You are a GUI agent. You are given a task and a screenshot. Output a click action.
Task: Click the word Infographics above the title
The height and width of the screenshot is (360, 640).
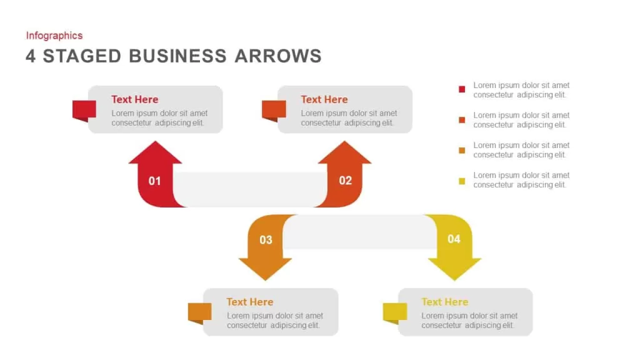(x=54, y=36)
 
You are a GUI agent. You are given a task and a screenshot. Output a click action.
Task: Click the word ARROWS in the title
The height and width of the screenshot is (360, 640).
(x=278, y=56)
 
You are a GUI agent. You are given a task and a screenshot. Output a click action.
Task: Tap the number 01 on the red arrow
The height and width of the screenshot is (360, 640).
(x=155, y=181)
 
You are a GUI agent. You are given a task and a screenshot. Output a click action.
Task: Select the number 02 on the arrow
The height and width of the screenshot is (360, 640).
(x=345, y=181)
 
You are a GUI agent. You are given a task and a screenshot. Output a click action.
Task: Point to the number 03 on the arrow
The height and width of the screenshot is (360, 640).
(x=266, y=240)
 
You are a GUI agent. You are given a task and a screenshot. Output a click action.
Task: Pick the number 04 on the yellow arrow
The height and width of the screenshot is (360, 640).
(x=454, y=239)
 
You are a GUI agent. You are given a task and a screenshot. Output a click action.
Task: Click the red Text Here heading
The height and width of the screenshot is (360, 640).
(x=135, y=99)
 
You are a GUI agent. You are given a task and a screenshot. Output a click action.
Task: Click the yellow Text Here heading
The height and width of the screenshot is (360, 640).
(x=444, y=302)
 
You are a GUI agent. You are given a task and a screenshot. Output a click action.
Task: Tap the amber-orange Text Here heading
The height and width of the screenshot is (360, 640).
(x=250, y=302)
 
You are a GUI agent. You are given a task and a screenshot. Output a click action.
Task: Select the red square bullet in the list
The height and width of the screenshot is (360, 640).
(x=462, y=89)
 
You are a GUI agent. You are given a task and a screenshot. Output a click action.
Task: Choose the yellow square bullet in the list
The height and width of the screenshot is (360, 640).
(x=462, y=181)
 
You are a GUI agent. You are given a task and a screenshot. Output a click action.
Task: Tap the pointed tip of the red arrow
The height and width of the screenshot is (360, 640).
(x=155, y=141)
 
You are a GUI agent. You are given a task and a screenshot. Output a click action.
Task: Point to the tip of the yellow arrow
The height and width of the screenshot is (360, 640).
(x=454, y=281)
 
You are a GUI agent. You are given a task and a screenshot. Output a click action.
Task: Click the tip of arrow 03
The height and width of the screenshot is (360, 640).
(x=265, y=281)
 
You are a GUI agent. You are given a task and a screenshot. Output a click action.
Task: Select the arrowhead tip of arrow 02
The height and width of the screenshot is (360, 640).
(x=344, y=141)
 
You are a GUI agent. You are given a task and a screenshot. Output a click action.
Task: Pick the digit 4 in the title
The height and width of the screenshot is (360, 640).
(x=31, y=56)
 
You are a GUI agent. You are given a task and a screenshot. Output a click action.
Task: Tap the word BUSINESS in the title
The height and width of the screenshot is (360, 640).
(x=177, y=56)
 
